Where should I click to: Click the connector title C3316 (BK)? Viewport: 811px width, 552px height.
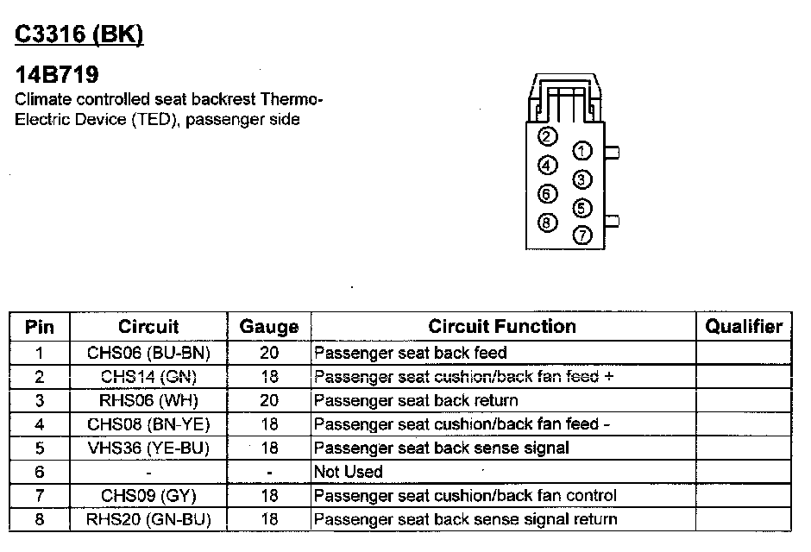coord(79,34)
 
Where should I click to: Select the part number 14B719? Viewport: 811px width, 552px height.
coord(57,75)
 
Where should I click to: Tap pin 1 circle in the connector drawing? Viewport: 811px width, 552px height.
coord(583,152)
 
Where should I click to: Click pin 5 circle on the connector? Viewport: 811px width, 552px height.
coord(583,208)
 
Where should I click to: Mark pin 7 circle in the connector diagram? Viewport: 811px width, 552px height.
coord(583,234)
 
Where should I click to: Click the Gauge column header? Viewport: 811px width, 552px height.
coord(269,327)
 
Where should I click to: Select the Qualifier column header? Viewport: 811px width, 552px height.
coord(744,326)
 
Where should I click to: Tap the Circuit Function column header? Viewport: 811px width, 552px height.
coord(502,326)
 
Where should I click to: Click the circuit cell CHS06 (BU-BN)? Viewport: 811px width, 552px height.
coord(148,353)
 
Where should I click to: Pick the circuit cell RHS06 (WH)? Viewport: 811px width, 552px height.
coord(148,400)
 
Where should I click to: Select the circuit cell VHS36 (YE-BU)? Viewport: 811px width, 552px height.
coord(148,448)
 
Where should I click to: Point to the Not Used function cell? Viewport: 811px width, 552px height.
coord(349,472)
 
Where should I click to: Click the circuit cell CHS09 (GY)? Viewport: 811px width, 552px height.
coord(148,495)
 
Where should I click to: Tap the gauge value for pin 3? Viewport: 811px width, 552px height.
coord(269,400)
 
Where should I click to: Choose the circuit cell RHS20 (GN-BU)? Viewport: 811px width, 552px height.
coord(148,519)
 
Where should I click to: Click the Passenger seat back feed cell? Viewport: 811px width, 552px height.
coord(411,353)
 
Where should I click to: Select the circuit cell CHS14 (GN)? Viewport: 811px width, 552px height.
coord(148,376)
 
